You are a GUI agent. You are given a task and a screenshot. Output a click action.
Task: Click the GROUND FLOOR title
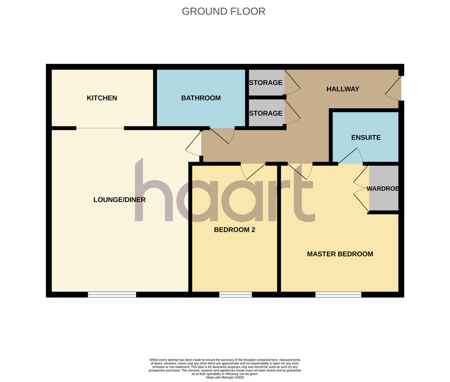[x=223, y=11]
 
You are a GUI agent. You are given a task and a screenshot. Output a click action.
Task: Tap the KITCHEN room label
[x=102, y=98]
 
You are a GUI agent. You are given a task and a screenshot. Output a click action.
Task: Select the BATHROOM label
[x=201, y=98]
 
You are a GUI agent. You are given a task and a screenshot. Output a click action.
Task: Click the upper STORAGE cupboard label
[x=265, y=83]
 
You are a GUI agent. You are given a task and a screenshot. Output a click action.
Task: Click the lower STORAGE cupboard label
[x=265, y=113]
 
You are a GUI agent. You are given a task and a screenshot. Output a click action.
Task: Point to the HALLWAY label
[x=342, y=89]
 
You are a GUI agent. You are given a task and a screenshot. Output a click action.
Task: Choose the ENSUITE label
[x=366, y=137]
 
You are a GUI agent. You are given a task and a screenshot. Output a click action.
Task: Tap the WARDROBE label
[x=382, y=188]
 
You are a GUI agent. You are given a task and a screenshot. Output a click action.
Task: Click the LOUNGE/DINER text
[x=119, y=200]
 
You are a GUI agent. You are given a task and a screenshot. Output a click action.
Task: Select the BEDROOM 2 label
[x=234, y=230]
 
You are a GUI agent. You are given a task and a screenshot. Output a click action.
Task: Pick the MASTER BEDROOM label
[x=340, y=254]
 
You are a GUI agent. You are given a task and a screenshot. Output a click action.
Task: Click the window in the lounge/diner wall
[x=112, y=295]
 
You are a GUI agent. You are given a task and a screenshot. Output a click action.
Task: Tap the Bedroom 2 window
[x=235, y=295]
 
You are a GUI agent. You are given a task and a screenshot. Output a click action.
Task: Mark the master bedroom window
[x=338, y=295]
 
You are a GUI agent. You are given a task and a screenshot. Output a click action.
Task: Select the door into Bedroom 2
[x=253, y=171]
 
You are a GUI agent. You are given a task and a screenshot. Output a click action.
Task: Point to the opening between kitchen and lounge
[x=100, y=128]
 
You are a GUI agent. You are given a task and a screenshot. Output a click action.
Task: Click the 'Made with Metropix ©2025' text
[x=225, y=377]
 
